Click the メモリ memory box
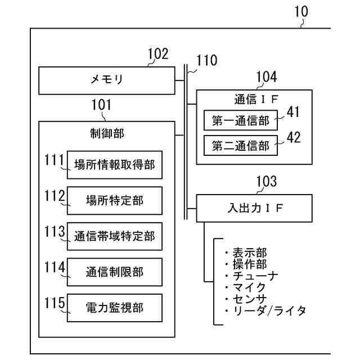pyautogui.click(x=107, y=80)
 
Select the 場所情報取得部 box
pyautogui.click(x=114, y=165)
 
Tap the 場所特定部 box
pyautogui.click(x=114, y=200)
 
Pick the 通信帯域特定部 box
pyautogui.click(x=114, y=236)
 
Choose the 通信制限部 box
pyautogui.click(x=114, y=272)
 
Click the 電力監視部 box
pyautogui.click(x=114, y=307)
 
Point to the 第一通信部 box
pyautogui.click(x=240, y=120)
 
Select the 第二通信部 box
pyautogui.click(x=240, y=145)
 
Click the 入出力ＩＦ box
pyautogui.click(x=254, y=208)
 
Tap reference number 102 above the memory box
pyautogui.click(x=157, y=54)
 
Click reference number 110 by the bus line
pyautogui.click(x=206, y=61)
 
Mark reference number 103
pyautogui.click(x=266, y=181)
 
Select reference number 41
pyautogui.click(x=294, y=112)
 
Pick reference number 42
pyautogui.click(x=294, y=137)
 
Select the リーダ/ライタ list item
pyautogui.click(x=265, y=310)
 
